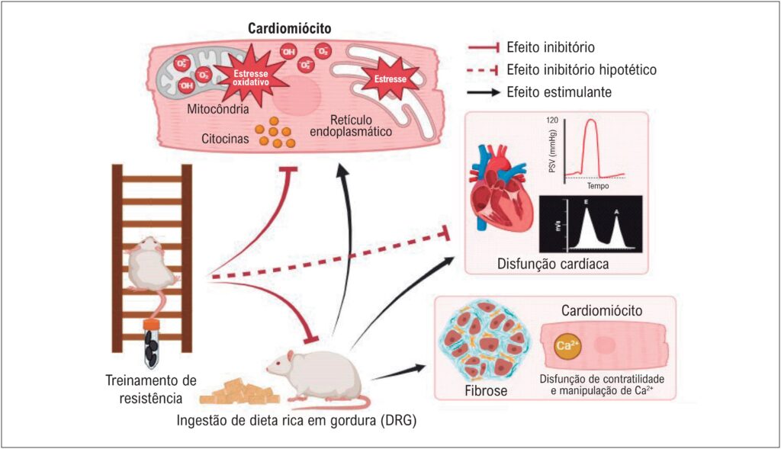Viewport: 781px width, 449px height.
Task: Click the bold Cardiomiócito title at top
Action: [x=289, y=28]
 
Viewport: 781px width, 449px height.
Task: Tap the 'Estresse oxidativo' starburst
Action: [x=250, y=78]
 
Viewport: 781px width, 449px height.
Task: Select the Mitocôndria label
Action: [x=218, y=109]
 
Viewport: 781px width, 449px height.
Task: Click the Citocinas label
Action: [x=225, y=139]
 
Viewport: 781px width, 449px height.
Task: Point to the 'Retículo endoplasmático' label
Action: [x=351, y=126]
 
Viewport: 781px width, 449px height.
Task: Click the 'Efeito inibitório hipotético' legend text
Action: [x=581, y=69]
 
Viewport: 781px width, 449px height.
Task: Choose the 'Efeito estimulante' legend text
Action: [x=559, y=92]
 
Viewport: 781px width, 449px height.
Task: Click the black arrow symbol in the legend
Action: [x=484, y=92]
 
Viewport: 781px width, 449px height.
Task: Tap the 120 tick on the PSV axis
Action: [x=552, y=120]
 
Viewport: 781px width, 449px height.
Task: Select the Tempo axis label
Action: [x=598, y=186]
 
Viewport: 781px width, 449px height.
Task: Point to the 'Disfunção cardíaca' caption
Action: [x=553, y=263]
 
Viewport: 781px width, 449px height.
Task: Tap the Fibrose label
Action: [x=486, y=391]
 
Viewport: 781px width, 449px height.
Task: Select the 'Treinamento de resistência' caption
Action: [x=151, y=390]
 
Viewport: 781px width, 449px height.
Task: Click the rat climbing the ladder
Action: [x=153, y=266]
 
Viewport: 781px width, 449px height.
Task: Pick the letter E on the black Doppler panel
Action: [x=587, y=203]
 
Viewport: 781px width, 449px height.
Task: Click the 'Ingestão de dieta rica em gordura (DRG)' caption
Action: [x=297, y=421]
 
